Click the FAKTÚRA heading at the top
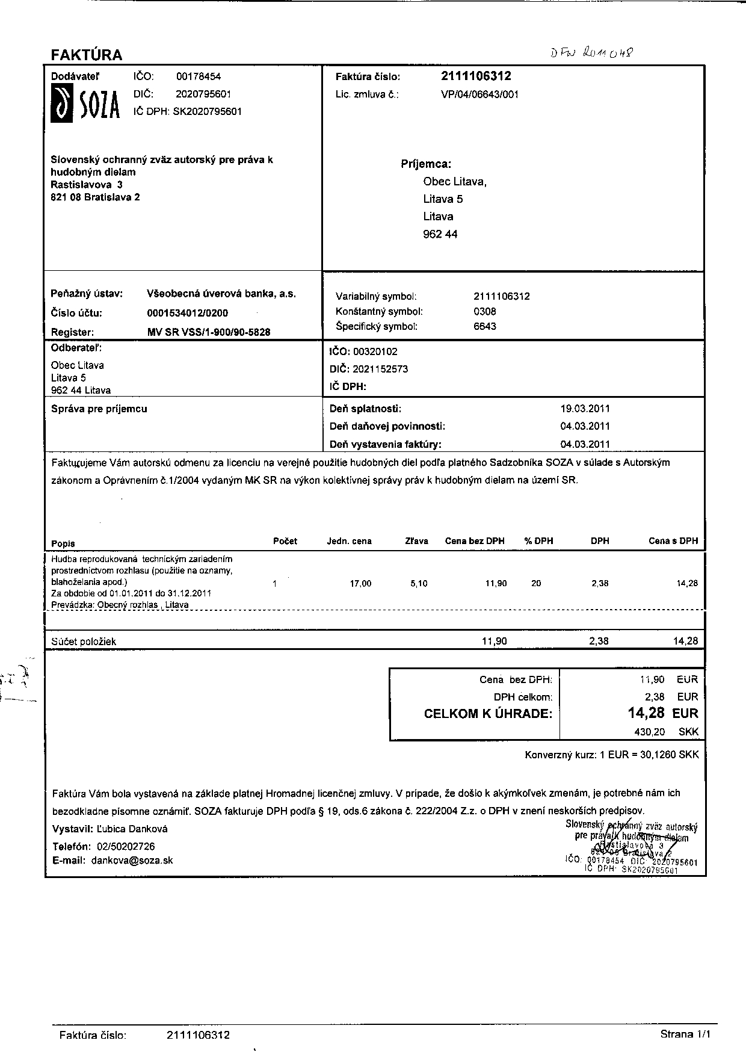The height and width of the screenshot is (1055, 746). click(x=87, y=55)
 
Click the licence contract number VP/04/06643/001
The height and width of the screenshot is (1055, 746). click(x=479, y=94)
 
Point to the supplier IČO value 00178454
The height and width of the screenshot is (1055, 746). click(x=199, y=76)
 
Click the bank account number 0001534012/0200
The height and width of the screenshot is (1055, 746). click(x=187, y=313)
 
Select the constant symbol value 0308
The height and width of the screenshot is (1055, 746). click(x=485, y=312)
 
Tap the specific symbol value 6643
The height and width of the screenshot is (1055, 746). click(x=485, y=327)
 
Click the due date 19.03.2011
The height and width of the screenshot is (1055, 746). click(x=585, y=409)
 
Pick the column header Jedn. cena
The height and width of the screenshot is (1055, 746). click(x=349, y=541)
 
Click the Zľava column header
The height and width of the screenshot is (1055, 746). click(x=416, y=541)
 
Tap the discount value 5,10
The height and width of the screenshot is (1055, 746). click(x=419, y=583)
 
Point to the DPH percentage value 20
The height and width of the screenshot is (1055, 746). click(x=536, y=583)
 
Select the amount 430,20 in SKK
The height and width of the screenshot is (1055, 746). click(x=650, y=732)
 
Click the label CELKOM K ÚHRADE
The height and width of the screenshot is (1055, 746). click(x=488, y=714)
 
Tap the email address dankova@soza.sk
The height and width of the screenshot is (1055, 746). click(x=132, y=861)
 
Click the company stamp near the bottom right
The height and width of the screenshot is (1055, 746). click(x=631, y=846)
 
